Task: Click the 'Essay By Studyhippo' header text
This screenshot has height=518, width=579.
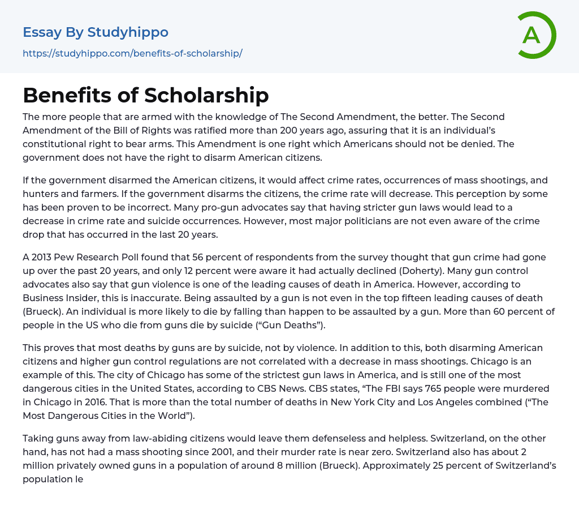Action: [x=96, y=32]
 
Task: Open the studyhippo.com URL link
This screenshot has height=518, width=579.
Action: [x=132, y=54]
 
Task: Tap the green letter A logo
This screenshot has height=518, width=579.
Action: [x=532, y=35]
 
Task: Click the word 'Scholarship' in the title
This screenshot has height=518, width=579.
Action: [x=206, y=95]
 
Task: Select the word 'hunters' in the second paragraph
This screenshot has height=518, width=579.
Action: [x=40, y=194]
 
